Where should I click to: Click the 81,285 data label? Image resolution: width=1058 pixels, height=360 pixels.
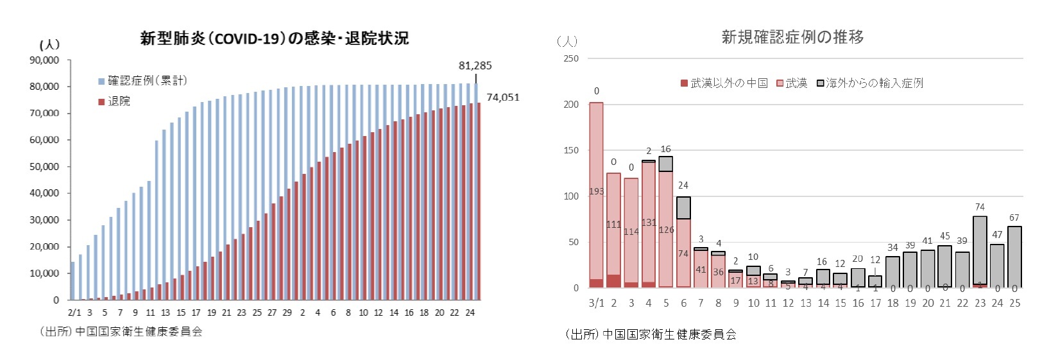475,65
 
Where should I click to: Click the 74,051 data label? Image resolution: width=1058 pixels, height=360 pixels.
502,98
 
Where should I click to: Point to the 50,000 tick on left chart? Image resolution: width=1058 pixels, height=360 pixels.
44,166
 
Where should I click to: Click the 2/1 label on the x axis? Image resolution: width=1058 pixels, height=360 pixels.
74,313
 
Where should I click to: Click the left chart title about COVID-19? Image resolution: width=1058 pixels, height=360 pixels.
274,39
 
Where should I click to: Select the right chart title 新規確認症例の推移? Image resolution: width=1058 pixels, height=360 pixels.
792,37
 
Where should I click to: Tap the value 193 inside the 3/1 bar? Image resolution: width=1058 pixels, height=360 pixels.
596,191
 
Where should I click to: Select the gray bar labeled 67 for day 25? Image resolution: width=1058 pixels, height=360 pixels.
1014,257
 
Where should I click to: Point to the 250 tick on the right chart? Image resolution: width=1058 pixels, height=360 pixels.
570,58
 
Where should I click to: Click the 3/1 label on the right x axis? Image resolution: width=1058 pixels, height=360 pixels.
596,303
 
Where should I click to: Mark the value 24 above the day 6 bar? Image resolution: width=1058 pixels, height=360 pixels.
683,185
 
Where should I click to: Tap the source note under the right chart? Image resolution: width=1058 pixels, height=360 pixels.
651,334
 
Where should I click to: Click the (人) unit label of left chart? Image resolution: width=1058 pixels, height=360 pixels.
49,44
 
